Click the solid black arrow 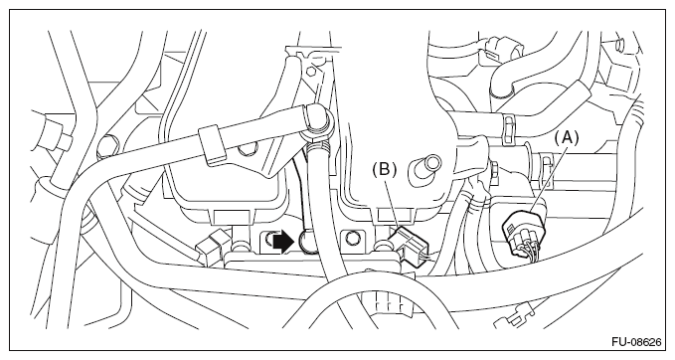click(283, 243)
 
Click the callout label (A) click(566, 138)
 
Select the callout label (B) click(384, 170)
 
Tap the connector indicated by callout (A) click(524, 234)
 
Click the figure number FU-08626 click(636, 342)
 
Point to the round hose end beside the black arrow click(306, 242)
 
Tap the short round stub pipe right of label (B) click(425, 170)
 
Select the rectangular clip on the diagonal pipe click(212, 145)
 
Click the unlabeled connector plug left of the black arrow click(209, 247)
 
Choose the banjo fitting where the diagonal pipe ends click(318, 121)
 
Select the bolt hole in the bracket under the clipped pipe click(246, 149)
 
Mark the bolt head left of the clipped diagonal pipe click(106, 145)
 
